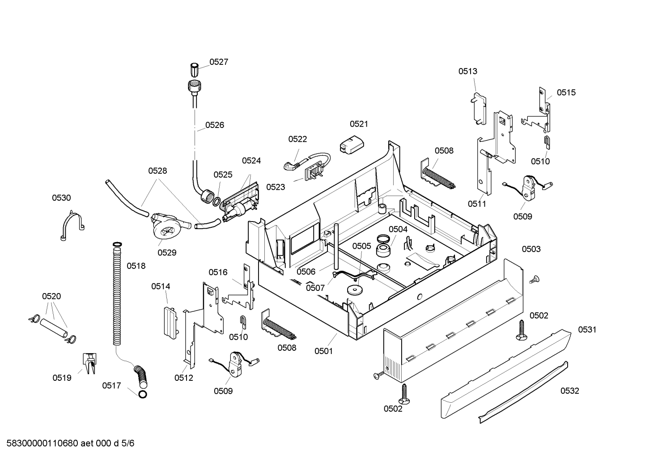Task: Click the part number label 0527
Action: coord(219,62)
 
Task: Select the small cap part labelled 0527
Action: coord(195,69)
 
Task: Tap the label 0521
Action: coord(359,124)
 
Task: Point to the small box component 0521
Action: coord(351,145)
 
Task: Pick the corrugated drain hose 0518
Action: coord(117,294)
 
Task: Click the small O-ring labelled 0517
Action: coord(143,394)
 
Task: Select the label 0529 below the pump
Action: coord(167,253)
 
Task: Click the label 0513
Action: coord(467,71)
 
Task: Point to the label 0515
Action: coord(566,93)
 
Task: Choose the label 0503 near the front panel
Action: coord(531,249)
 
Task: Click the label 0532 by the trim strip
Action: coord(569,391)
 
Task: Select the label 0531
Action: coord(587,329)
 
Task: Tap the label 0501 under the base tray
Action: coord(324,351)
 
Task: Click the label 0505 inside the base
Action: coord(362,246)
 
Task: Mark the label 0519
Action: coord(62,378)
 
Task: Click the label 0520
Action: coord(51,296)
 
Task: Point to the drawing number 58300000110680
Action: coord(42,443)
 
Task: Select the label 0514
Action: coord(161,286)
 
